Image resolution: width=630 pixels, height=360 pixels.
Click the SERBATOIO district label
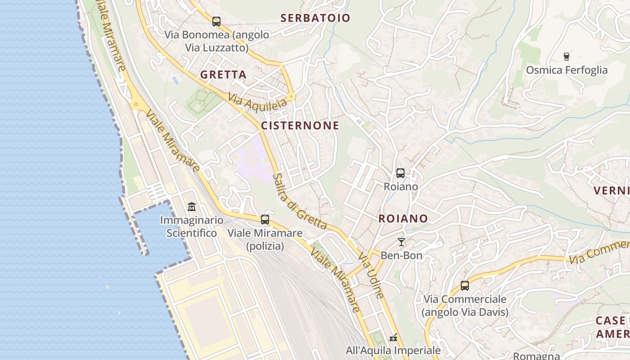point(315,18)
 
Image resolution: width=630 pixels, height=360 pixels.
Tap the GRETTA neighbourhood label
point(223,75)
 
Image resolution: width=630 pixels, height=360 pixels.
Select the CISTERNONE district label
point(300,126)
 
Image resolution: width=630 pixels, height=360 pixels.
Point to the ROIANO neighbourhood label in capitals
point(403,219)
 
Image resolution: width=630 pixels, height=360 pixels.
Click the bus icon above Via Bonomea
point(216,21)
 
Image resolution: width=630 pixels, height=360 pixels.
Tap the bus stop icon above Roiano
point(400,173)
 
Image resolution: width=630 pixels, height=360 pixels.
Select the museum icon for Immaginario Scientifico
point(192,207)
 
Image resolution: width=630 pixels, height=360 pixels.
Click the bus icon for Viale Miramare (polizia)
point(265,220)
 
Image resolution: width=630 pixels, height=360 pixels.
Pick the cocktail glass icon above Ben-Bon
point(401,242)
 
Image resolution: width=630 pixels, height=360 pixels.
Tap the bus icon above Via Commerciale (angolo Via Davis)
point(465,286)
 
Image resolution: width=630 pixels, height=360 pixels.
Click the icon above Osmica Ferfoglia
point(567,57)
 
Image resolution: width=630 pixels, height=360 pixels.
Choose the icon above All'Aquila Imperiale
point(393,337)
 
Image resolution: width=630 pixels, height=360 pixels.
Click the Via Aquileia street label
point(257,101)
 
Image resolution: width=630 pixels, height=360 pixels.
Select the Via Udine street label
point(371,275)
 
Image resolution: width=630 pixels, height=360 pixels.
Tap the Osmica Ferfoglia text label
point(567,70)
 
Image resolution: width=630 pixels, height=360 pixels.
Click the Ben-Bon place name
point(401,256)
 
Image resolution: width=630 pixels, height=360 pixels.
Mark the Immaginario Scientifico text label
point(192,227)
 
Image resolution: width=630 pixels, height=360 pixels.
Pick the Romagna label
point(536,356)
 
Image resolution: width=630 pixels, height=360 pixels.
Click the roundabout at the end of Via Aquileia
point(292,96)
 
